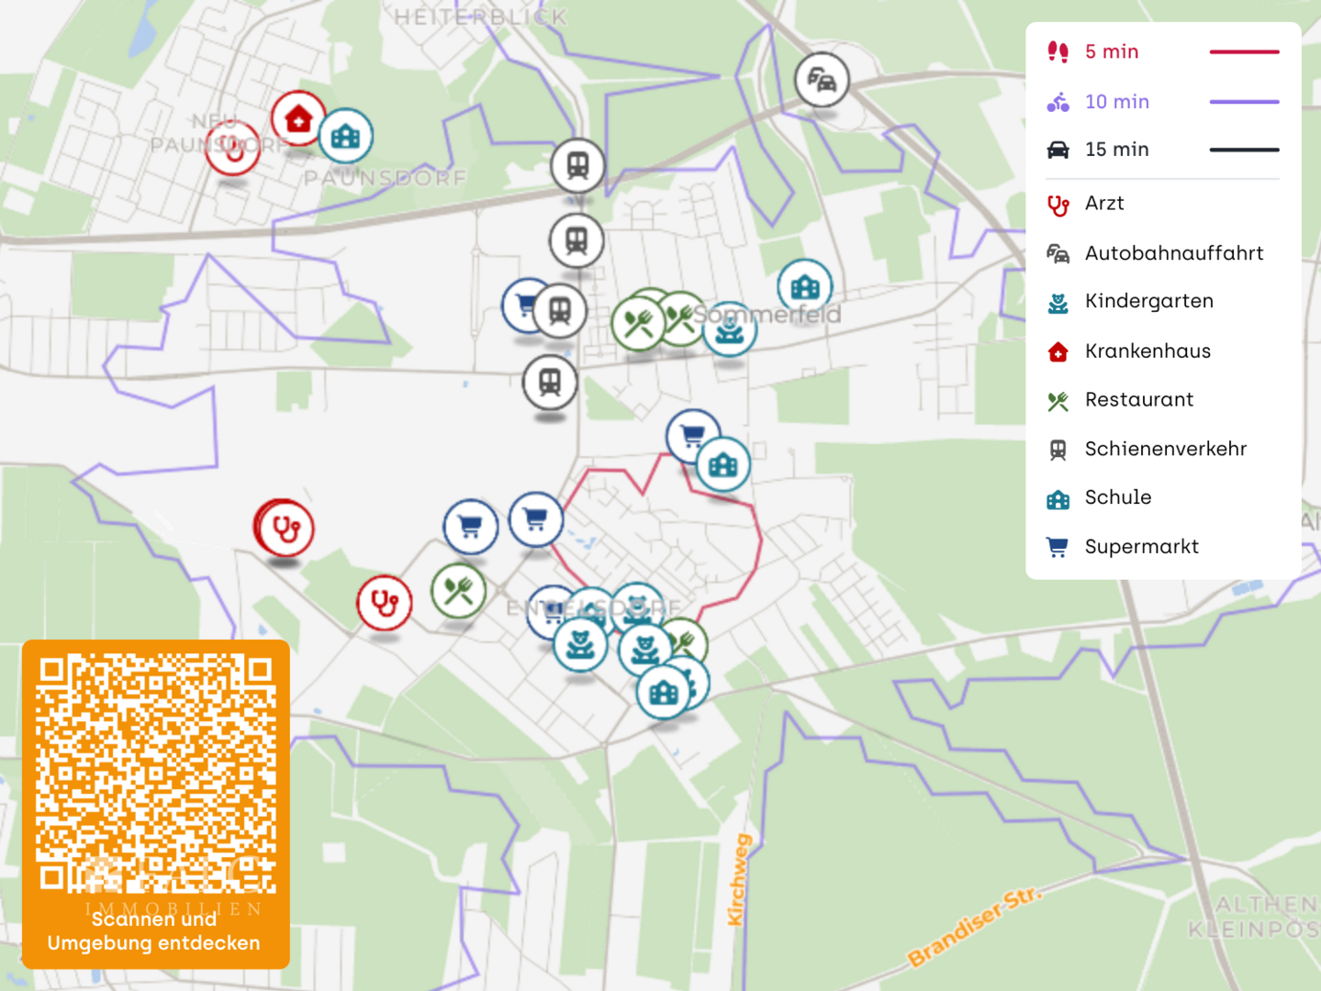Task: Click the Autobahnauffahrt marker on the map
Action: click(822, 81)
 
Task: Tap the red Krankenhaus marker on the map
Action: click(298, 118)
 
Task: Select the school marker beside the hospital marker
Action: click(346, 137)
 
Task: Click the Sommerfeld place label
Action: click(767, 315)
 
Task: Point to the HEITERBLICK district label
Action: click(481, 17)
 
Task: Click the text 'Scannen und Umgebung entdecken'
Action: click(154, 931)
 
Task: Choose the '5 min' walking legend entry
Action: click(1112, 52)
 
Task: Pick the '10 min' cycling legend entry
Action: click(1116, 102)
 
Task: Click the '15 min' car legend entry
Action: click(1116, 150)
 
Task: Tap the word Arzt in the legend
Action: click(1104, 203)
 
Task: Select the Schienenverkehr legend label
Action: click(1165, 449)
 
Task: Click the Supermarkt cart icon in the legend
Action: click(1058, 547)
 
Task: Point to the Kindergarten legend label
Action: click(1148, 301)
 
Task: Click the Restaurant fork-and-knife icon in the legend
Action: click(1058, 401)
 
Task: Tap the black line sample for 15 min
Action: click(1244, 150)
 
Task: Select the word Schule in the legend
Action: click(1118, 497)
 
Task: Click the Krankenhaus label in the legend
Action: click(1147, 351)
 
